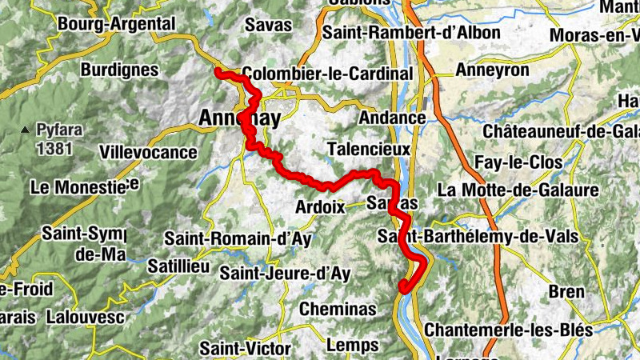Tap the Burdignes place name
click(119, 70)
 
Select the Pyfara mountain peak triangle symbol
click(26, 129)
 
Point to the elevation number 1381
click(54, 148)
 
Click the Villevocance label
click(148, 151)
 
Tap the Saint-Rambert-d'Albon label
click(411, 33)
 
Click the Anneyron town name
click(492, 70)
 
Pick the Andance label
click(392, 118)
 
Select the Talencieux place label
click(369, 149)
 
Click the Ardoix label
click(319, 206)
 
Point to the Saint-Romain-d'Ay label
click(238, 238)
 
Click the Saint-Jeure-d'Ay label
click(286, 274)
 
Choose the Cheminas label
click(338, 309)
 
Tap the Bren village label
click(566, 291)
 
